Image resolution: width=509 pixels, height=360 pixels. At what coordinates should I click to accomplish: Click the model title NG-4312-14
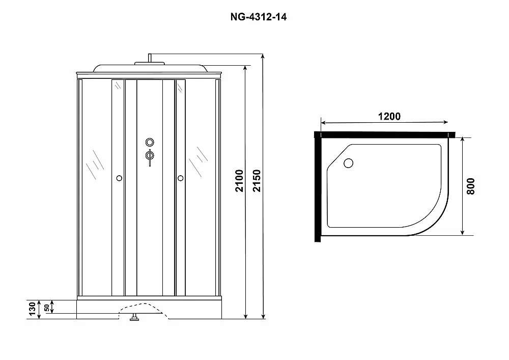click(x=259, y=17)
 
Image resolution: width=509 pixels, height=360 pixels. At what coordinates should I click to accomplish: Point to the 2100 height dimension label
click(x=240, y=180)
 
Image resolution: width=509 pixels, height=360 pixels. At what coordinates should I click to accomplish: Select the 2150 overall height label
click(x=257, y=180)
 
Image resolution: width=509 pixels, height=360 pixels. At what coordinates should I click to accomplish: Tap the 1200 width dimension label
click(x=389, y=116)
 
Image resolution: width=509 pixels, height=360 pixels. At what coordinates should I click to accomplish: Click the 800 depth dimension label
click(x=471, y=186)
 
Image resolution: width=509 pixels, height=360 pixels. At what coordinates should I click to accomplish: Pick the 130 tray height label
click(x=32, y=309)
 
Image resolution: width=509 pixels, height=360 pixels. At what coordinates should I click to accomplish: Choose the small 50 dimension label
click(x=47, y=308)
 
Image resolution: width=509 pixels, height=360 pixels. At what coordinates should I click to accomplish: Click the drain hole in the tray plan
click(x=348, y=163)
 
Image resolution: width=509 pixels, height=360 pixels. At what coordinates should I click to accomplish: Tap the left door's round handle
click(x=119, y=178)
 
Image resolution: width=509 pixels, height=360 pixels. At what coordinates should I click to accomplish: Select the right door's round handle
click(x=181, y=178)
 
